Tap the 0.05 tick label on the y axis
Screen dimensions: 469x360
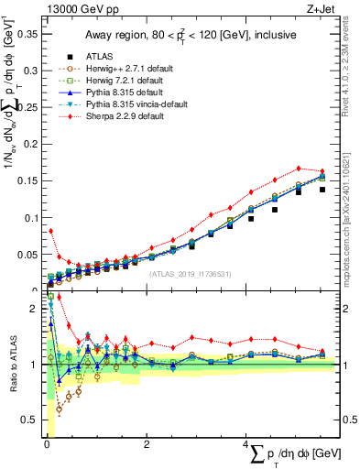point(27,255)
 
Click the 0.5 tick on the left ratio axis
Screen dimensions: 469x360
point(31,420)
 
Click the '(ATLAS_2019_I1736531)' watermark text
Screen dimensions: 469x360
point(190,273)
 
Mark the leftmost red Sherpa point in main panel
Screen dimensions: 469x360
point(50,231)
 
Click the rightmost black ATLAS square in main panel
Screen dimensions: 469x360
point(322,190)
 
